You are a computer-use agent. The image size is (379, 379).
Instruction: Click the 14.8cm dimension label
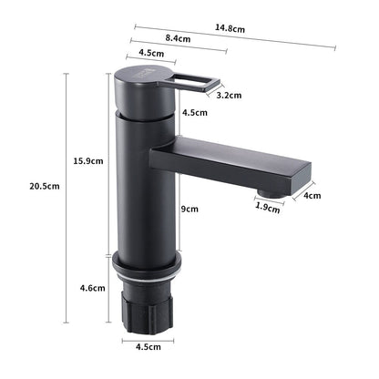pyautogui.click(x=230, y=29)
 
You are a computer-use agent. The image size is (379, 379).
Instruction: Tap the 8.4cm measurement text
pyautogui.click(x=177, y=39)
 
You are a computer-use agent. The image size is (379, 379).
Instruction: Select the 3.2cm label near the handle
pyautogui.click(x=228, y=94)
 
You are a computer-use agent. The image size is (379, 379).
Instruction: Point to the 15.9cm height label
pyautogui.click(x=87, y=161)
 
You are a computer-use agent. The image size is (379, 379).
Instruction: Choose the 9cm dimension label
pyautogui.click(x=189, y=209)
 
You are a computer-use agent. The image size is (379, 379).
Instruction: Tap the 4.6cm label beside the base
pyautogui.click(x=90, y=288)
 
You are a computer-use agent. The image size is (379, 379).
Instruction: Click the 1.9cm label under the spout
pyautogui.click(x=266, y=207)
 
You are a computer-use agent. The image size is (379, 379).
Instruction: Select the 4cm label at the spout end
pyautogui.click(x=312, y=196)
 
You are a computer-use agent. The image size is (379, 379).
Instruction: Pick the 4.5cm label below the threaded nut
pyautogui.click(x=150, y=347)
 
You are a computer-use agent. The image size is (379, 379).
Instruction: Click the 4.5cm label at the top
pyautogui.click(x=151, y=53)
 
